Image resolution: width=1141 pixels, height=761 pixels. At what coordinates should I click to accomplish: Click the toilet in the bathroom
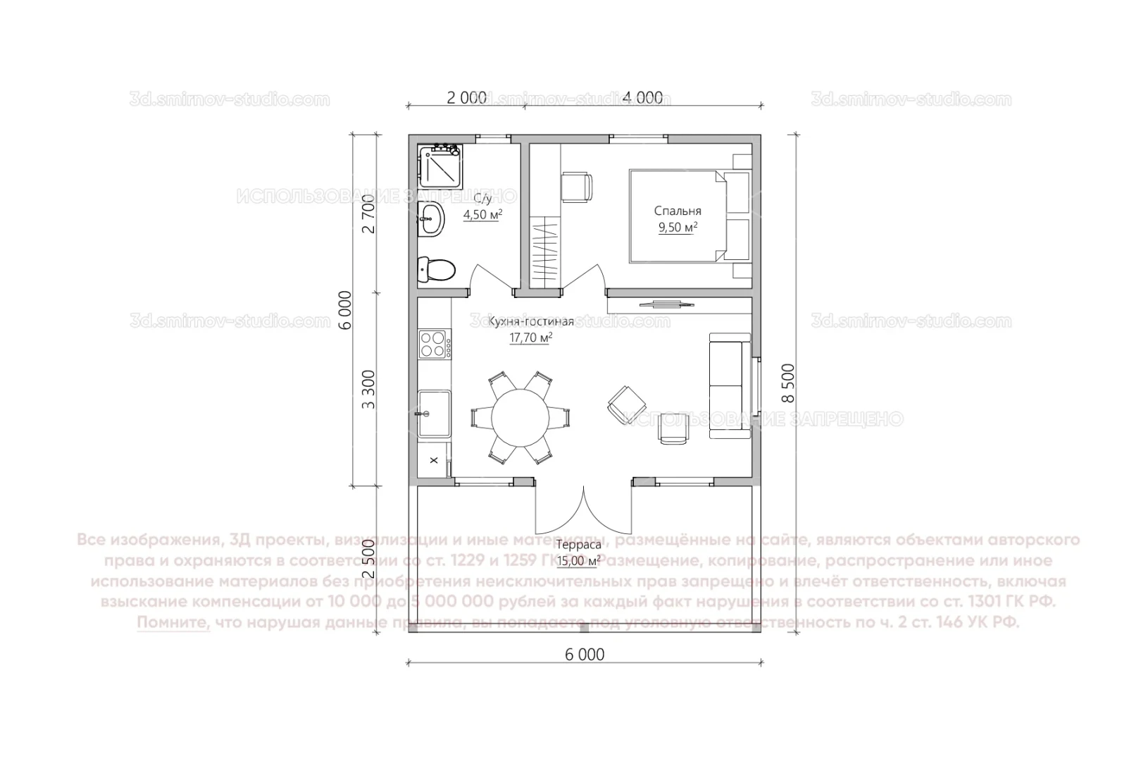436,269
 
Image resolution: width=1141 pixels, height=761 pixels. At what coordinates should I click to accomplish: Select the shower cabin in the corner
439,164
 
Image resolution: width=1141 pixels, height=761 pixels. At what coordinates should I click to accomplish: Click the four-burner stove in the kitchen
435,344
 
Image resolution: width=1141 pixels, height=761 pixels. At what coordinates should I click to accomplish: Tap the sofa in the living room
730,385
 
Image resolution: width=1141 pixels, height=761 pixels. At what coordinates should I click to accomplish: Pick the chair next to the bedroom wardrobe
577,187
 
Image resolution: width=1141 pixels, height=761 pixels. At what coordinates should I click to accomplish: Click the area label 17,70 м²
530,338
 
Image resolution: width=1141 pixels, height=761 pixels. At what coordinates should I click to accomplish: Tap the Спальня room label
677,211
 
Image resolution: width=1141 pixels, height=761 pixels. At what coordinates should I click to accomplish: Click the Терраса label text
578,545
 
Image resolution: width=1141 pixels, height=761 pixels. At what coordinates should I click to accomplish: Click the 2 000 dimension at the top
466,98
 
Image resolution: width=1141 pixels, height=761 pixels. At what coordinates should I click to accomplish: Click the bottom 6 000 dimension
584,655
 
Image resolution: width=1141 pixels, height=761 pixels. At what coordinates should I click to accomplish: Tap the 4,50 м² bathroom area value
482,215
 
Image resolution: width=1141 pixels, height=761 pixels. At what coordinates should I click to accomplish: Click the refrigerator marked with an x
434,460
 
